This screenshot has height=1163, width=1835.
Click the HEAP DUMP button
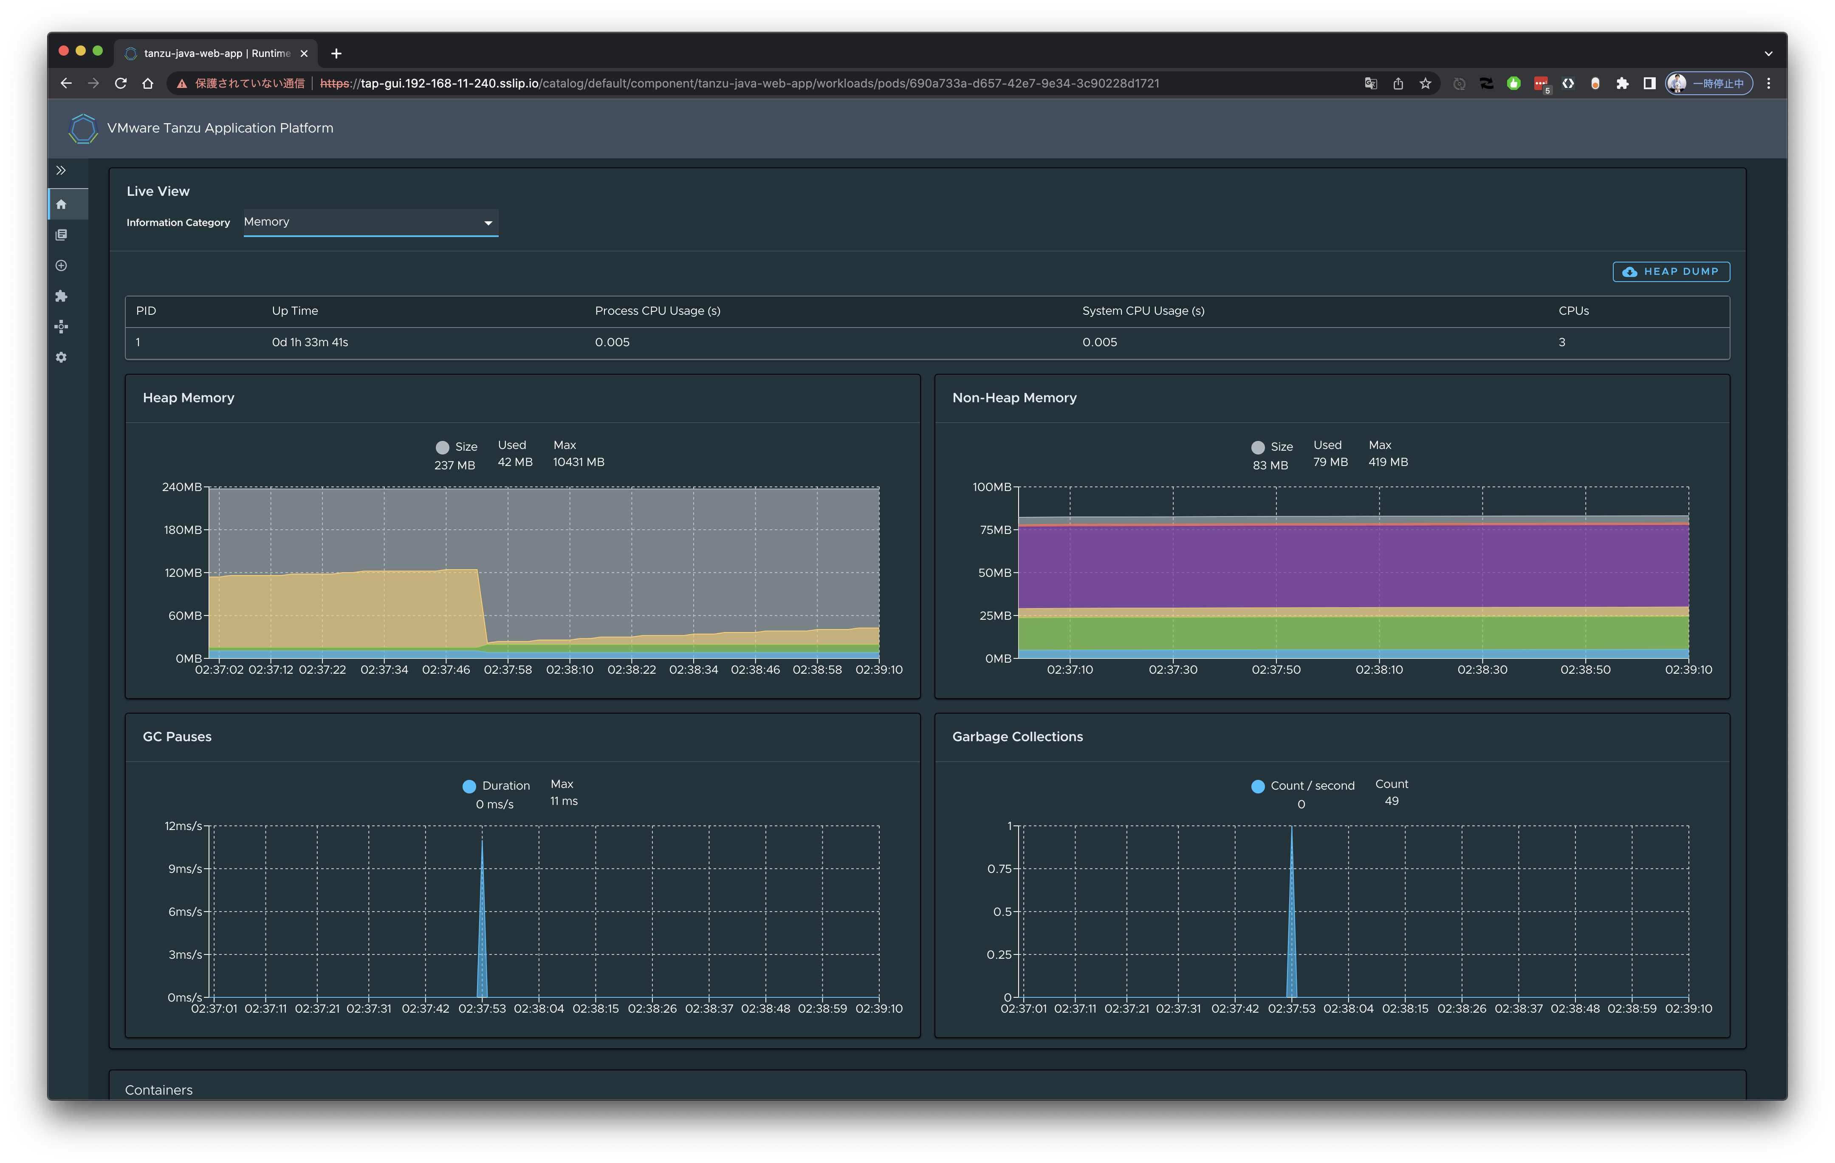tap(1670, 272)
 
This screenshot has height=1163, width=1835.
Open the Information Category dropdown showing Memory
tap(370, 223)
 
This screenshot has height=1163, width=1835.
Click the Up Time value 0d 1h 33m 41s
tap(309, 342)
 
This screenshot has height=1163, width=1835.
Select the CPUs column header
tap(1573, 311)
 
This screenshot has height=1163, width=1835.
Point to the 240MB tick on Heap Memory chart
tap(182, 487)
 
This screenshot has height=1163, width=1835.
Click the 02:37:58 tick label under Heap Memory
tap(508, 670)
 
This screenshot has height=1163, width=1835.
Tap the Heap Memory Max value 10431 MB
tap(579, 462)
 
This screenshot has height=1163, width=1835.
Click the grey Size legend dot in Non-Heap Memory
tap(1257, 447)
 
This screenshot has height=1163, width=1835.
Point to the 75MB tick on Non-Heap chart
tap(995, 530)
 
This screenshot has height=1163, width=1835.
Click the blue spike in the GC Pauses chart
tap(482, 953)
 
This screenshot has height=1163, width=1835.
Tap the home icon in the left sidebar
tap(62, 204)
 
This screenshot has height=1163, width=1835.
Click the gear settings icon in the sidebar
tap(62, 357)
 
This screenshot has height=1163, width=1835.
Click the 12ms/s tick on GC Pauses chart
tap(183, 826)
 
